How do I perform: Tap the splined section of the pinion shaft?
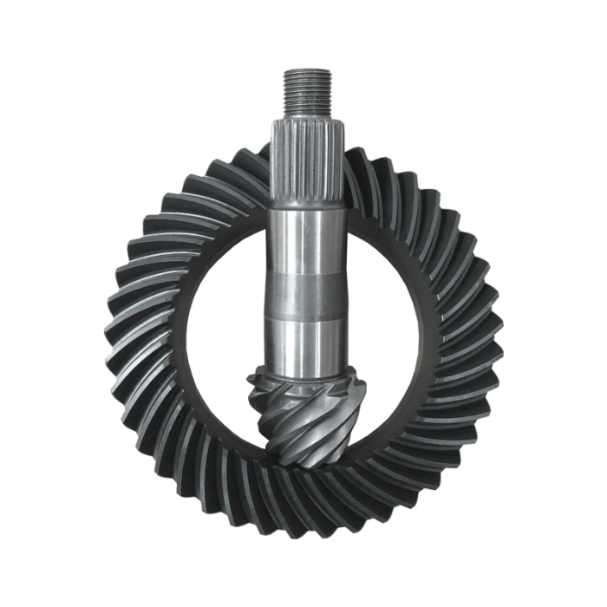(x=307, y=165)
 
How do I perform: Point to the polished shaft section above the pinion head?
(x=307, y=343)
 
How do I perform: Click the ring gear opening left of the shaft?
(x=225, y=338)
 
